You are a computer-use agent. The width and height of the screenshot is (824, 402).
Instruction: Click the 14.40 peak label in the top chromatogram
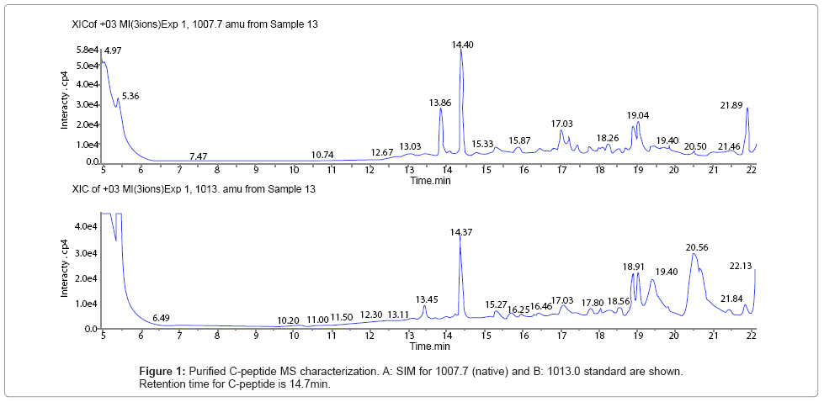(x=462, y=44)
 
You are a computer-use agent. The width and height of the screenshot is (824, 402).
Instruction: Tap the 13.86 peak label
(x=440, y=103)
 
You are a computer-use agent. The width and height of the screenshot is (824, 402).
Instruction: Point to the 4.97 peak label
(x=113, y=51)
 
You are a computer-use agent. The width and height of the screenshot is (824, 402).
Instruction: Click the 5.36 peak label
(x=130, y=97)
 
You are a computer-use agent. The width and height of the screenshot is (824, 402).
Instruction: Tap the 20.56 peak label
(x=696, y=246)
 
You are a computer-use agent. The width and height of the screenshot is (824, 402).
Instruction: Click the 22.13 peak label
(x=741, y=266)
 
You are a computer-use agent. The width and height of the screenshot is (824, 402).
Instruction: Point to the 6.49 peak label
(x=161, y=319)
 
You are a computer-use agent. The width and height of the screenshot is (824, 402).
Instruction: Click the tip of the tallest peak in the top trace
(x=460, y=50)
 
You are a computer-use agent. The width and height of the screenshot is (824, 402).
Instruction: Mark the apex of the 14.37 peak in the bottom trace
(x=460, y=238)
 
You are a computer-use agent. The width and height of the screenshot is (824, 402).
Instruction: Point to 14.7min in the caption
(x=311, y=384)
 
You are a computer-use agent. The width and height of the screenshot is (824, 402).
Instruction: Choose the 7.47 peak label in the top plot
(x=198, y=156)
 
